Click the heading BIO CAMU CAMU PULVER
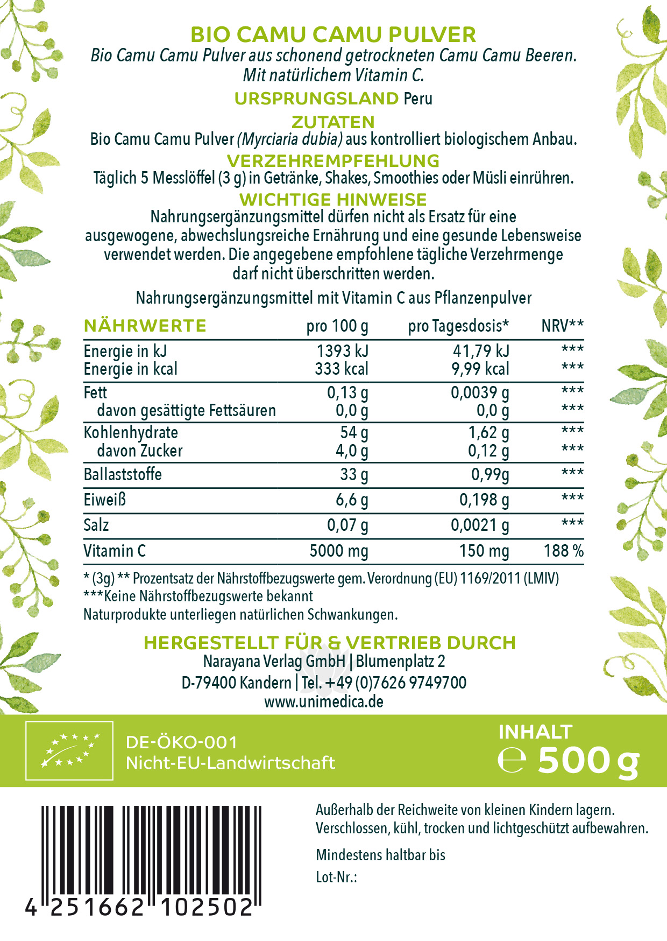click(x=334, y=35)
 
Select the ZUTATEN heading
click(x=333, y=122)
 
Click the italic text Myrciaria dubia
click(x=290, y=139)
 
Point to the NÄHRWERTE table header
click(x=145, y=326)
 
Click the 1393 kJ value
click(x=342, y=351)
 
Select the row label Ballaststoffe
click(x=123, y=474)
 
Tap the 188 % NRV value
click(x=563, y=551)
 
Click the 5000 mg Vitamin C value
click(x=339, y=551)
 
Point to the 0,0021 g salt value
click(x=480, y=525)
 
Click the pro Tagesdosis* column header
click(x=458, y=326)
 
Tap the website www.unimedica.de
click(x=324, y=702)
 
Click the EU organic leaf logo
click(x=70, y=750)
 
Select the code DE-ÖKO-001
click(x=181, y=743)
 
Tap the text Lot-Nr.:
click(x=337, y=877)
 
